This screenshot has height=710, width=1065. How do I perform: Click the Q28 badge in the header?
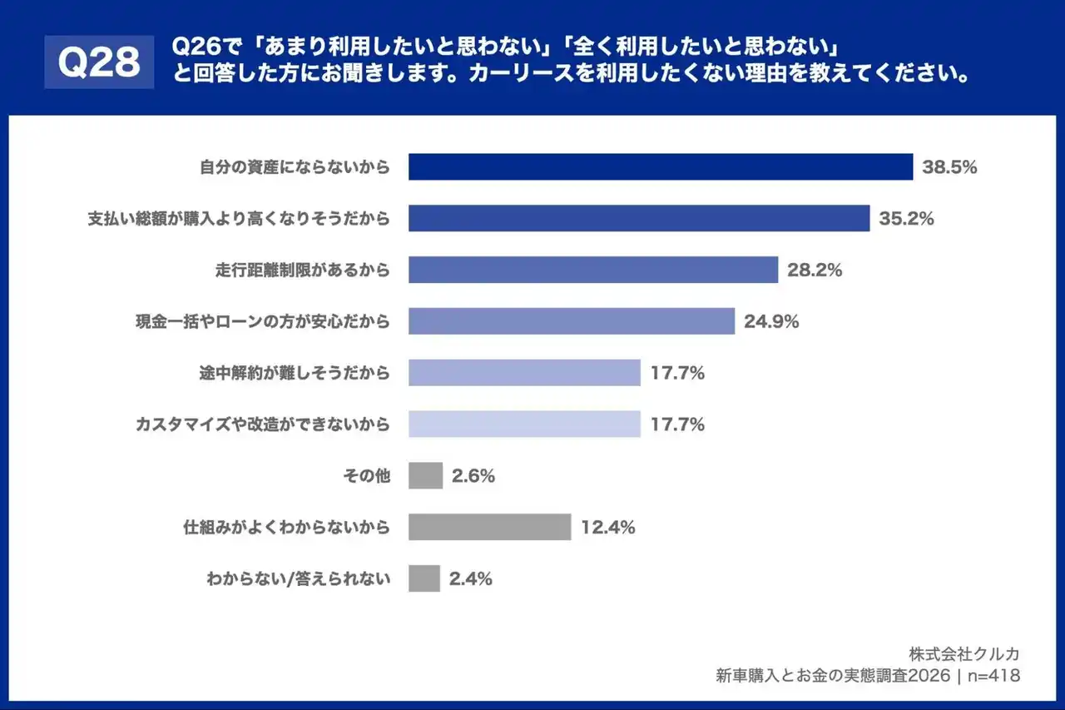(99, 62)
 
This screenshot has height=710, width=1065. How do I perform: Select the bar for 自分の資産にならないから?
(661, 166)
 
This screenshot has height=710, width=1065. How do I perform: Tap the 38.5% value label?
(949, 166)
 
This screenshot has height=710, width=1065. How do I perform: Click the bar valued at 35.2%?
(639, 218)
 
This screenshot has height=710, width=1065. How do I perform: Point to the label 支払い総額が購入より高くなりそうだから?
(239, 219)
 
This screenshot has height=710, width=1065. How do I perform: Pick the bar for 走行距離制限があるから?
(593, 270)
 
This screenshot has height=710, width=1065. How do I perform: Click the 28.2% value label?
(815, 270)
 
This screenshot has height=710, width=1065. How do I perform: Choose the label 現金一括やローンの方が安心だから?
(262, 321)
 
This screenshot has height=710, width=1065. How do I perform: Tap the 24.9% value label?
(771, 321)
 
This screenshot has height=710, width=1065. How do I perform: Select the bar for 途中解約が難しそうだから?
(524, 373)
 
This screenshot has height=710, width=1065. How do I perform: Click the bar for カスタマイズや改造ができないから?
(524, 425)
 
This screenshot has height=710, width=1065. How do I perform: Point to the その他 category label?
(366, 476)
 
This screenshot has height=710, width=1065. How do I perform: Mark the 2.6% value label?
(473, 476)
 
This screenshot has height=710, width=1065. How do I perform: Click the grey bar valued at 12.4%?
(489, 527)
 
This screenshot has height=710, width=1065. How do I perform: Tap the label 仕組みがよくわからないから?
(286, 528)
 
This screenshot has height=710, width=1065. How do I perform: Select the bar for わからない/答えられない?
(424, 578)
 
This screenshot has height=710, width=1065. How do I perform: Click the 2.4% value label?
(470, 578)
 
